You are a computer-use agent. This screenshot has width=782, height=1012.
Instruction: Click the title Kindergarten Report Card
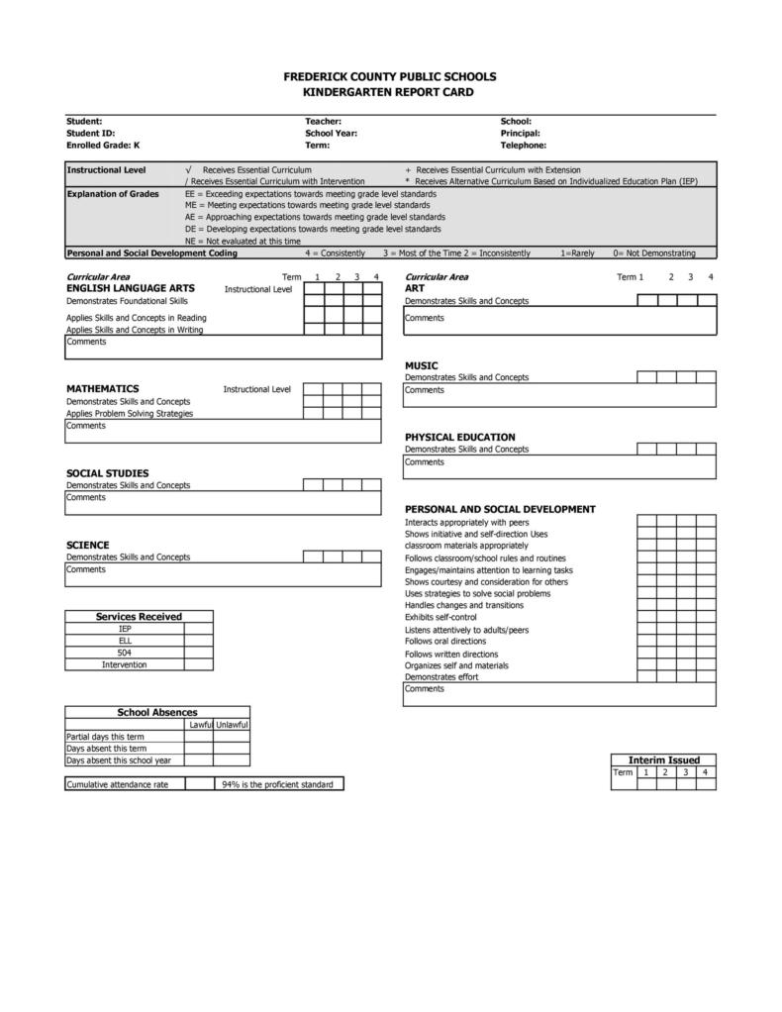click(x=389, y=92)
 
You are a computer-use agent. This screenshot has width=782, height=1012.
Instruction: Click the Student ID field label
click(x=91, y=133)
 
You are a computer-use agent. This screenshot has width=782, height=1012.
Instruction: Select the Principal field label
click(x=520, y=133)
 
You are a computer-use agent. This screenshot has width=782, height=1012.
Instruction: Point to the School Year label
click(x=331, y=133)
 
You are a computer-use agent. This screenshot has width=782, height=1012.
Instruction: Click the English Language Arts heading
click(x=130, y=288)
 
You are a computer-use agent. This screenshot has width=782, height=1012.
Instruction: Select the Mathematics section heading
click(x=102, y=388)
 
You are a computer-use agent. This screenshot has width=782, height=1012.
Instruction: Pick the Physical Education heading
click(x=459, y=437)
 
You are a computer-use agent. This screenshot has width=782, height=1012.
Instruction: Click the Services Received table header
click(x=139, y=616)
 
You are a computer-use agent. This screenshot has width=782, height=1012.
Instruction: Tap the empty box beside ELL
click(x=198, y=641)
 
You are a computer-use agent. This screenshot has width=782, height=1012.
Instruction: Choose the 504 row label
click(x=125, y=653)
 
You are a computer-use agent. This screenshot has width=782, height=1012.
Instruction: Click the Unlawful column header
click(x=232, y=725)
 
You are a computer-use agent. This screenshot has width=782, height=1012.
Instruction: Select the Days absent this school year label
click(x=118, y=760)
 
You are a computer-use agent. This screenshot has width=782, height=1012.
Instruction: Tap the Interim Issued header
click(x=663, y=759)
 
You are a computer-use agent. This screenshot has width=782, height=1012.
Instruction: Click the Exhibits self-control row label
click(x=440, y=618)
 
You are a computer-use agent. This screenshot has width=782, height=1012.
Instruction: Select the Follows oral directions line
click(x=445, y=641)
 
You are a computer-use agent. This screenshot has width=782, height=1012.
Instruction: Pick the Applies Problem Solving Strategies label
click(x=130, y=413)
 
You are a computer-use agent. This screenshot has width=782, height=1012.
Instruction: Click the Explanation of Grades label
click(x=113, y=194)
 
